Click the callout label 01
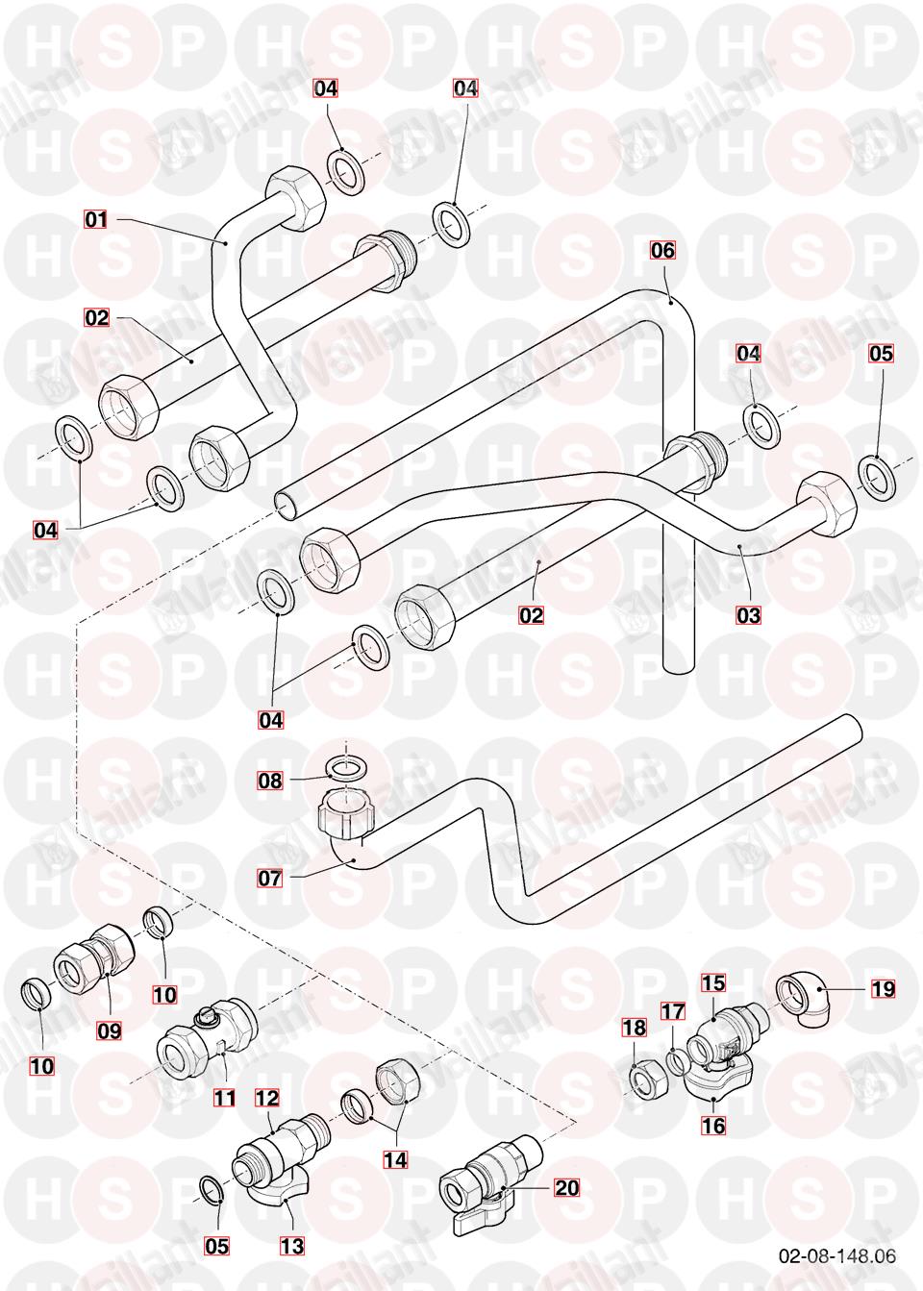[x=96, y=219]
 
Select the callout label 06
[x=662, y=250]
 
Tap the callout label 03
[x=748, y=615]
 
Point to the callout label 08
[x=270, y=781]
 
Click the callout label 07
[x=270, y=879]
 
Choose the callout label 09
[x=109, y=1030]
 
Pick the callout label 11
[x=224, y=1098]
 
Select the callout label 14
[x=395, y=1159]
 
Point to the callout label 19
[x=883, y=989]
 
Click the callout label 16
[x=713, y=1125]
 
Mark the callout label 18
[x=635, y=1028]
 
